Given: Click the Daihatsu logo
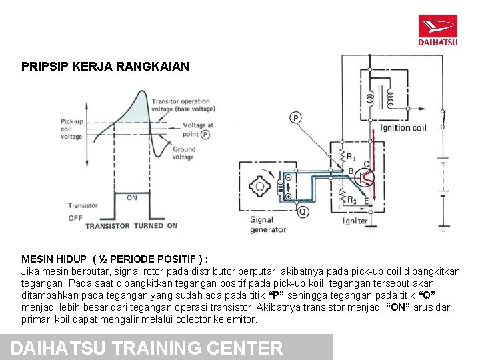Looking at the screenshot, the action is click(437, 30).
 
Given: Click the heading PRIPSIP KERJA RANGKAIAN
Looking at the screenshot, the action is click(105, 67).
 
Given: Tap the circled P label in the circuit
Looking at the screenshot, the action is click(295, 118).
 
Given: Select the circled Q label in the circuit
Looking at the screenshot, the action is click(303, 212).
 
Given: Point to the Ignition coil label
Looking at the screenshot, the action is click(404, 127).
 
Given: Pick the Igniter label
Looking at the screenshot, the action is click(355, 221).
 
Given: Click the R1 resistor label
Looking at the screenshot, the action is click(349, 157).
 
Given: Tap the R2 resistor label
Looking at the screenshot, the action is click(351, 200).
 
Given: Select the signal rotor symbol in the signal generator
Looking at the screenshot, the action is click(260, 187).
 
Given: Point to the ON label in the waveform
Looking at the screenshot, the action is click(132, 198).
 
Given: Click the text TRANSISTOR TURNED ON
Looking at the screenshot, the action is click(131, 226).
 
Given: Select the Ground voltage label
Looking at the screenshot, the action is click(184, 153).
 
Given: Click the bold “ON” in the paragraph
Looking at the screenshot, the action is click(398, 307).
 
